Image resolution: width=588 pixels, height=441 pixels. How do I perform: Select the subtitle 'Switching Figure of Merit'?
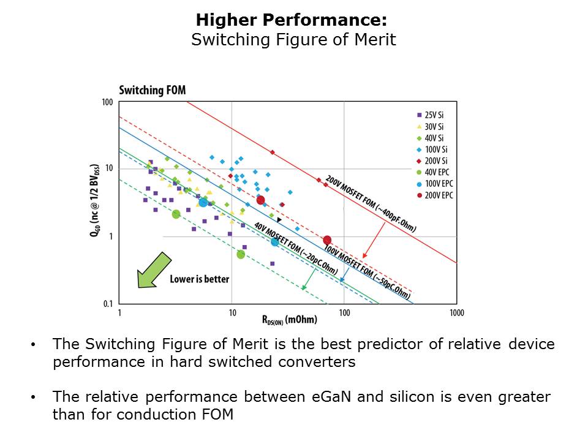[x=293, y=40]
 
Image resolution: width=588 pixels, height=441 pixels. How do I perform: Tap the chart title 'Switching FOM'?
[x=152, y=91]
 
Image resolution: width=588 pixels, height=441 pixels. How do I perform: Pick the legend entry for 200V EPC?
[x=437, y=195]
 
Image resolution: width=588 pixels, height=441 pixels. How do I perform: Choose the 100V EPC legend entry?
[x=437, y=184]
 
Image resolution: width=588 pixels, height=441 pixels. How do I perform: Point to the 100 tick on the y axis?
[x=107, y=102]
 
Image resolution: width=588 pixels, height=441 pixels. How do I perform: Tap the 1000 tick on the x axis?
[x=456, y=313]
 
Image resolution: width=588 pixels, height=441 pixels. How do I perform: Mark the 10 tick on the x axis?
[x=232, y=313]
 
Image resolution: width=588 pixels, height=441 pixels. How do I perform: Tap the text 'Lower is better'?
[x=199, y=279]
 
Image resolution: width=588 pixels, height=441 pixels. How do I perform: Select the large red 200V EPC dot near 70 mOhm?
[x=327, y=240]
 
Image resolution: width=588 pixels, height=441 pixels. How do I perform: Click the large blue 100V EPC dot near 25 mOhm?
[x=275, y=242]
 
